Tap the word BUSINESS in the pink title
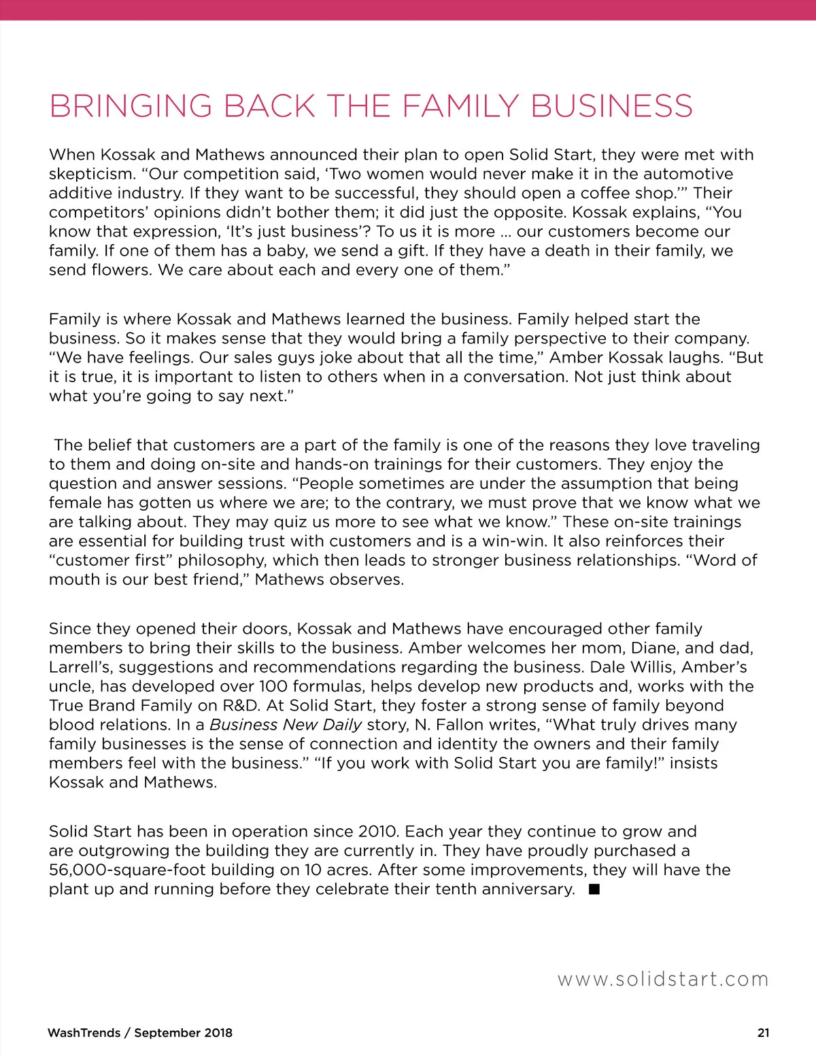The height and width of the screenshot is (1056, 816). click(x=611, y=107)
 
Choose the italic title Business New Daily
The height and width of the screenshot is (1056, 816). click(x=286, y=725)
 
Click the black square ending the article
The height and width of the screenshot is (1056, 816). click(x=594, y=889)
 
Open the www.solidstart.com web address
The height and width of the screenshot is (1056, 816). click(x=663, y=980)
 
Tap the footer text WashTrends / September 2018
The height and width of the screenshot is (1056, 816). click(x=140, y=1033)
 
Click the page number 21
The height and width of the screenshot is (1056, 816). click(x=764, y=1033)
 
